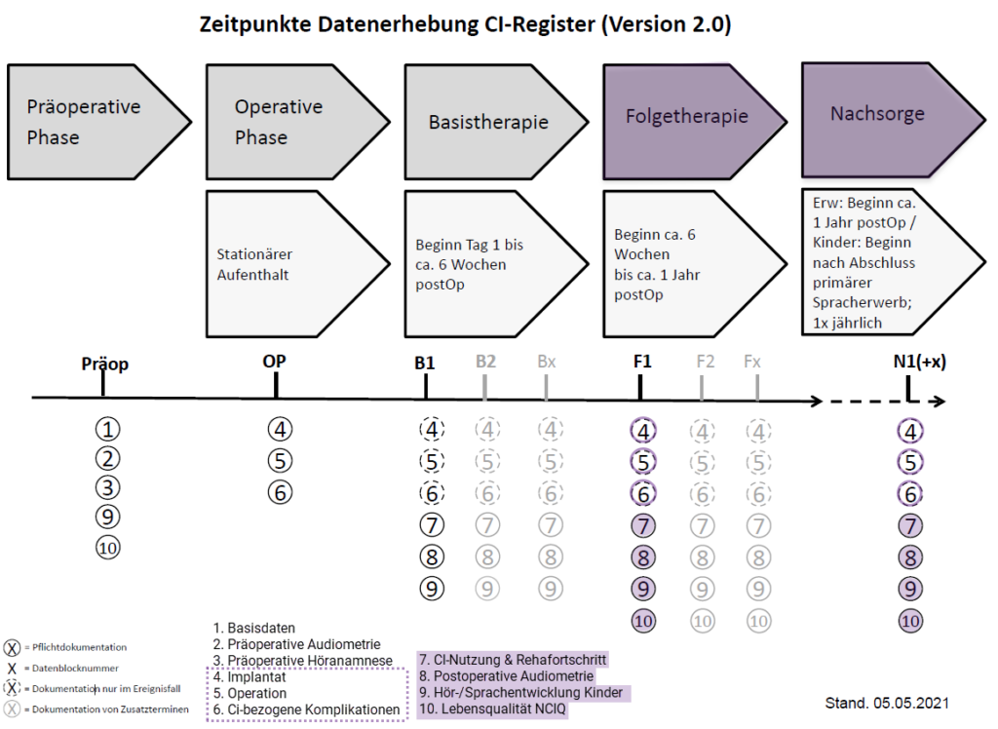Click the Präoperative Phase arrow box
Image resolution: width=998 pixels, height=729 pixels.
coord(93,122)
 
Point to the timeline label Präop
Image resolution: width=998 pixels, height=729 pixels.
coord(104,364)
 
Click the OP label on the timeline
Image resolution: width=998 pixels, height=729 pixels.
coord(275,362)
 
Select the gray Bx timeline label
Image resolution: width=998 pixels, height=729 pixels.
coord(547,362)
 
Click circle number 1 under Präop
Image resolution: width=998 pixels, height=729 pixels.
coord(108,429)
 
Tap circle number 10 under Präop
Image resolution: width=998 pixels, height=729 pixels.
coord(108,548)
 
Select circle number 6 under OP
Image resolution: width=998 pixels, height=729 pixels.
coord(281,492)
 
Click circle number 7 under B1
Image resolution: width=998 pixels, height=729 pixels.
coord(432,524)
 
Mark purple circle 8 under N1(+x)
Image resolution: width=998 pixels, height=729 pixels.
coord(910,556)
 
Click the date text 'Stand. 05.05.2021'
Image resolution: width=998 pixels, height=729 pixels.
coord(887,702)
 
